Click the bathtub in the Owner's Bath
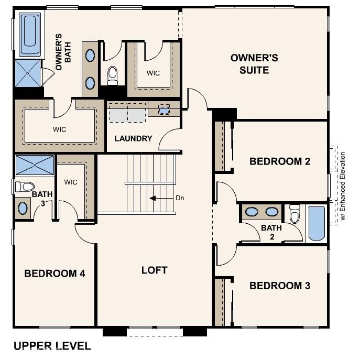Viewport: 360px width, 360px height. point(29,35)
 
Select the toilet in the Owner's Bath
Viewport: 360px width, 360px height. point(112,75)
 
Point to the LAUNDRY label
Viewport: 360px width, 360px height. point(134,139)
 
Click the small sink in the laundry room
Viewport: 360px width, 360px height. point(164,110)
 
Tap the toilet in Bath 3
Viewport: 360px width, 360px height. point(24,186)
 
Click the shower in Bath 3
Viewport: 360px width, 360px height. point(35,165)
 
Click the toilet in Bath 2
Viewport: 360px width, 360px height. point(295,214)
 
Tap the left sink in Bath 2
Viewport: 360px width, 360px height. point(252,212)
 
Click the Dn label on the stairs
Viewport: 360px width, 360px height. point(179,199)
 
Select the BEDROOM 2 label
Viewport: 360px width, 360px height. point(279,161)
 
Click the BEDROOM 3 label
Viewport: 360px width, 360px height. point(279,286)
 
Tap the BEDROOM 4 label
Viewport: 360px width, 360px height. point(54,273)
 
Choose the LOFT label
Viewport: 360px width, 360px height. point(154,270)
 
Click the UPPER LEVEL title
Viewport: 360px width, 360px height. point(52,346)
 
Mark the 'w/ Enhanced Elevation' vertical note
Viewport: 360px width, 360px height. point(343,186)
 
